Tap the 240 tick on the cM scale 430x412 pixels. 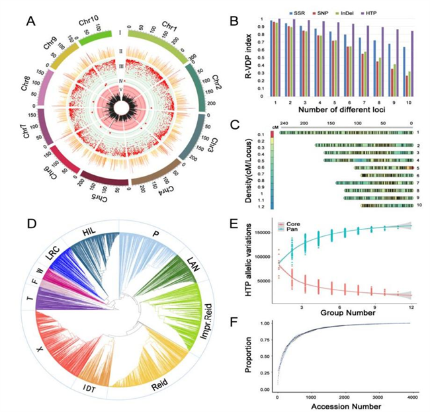pyautogui.click(x=286, y=124)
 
